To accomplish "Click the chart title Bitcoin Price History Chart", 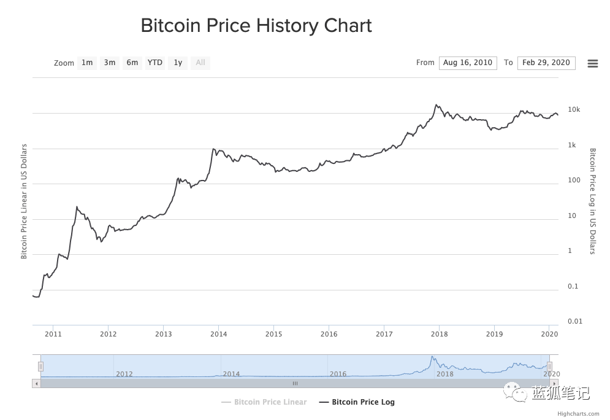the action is click(256, 26).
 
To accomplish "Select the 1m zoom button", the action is click(87, 63).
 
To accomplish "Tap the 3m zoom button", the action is click(110, 63).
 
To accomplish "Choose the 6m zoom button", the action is click(132, 63).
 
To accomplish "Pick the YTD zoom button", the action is click(155, 63).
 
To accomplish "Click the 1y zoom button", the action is click(178, 63).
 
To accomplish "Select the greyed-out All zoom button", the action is click(200, 63).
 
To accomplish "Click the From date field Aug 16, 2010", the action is click(468, 63).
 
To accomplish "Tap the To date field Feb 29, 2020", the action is click(546, 63).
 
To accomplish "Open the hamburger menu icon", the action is click(592, 63).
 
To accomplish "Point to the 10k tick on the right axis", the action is click(574, 109).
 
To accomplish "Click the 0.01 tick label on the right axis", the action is click(575, 321).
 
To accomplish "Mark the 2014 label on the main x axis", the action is click(219, 334).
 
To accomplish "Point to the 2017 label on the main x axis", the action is click(384, 334).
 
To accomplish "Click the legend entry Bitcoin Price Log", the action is click(357, 402).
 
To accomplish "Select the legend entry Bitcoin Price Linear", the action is click(264, 402).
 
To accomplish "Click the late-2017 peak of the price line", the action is click(436, 104).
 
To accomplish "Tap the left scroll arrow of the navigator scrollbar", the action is click(37, 384).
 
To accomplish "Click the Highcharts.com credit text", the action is click(578, 414).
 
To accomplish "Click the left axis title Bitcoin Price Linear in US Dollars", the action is click(24, 201).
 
